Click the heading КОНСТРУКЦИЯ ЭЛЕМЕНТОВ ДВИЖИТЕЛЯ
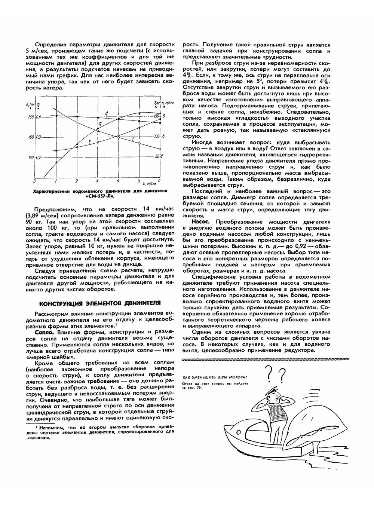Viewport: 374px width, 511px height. [100, 303]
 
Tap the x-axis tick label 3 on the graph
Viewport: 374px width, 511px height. [97, 181]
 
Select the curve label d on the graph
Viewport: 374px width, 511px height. [107, 113]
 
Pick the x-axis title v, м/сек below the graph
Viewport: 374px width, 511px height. [150, 184]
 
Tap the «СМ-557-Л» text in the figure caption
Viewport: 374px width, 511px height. [100, 196]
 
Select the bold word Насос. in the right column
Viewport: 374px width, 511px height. [200, 222]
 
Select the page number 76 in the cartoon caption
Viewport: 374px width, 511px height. [198, 388]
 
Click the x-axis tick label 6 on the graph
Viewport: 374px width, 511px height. [160, 181]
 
